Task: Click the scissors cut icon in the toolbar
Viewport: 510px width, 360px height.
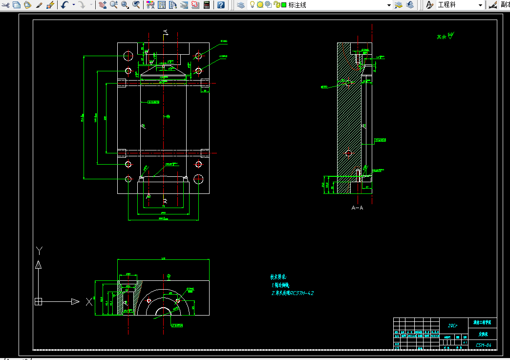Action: tap(6, 5)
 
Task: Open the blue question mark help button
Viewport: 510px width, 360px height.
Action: tap(221, 5)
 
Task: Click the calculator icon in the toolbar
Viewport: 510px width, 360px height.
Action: tap(207, 5)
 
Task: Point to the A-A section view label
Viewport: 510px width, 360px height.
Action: tap(358, 208)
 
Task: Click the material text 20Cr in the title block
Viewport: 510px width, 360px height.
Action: tap(452, 325)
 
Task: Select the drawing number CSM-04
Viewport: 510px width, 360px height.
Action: tap(483, 345)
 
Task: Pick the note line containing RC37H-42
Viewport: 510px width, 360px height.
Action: tap(292, 293)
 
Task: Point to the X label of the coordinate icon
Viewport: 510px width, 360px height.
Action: tap(88, 302)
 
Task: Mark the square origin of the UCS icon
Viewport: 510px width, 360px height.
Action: tap(39, 302)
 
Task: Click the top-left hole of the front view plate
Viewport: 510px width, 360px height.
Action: tap(128, 55)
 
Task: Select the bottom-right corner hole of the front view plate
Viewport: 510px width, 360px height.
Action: tap(198, 179)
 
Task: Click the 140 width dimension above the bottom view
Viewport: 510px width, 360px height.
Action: tap(163, 258)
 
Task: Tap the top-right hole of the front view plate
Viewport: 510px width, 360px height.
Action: tap(198, 55)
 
